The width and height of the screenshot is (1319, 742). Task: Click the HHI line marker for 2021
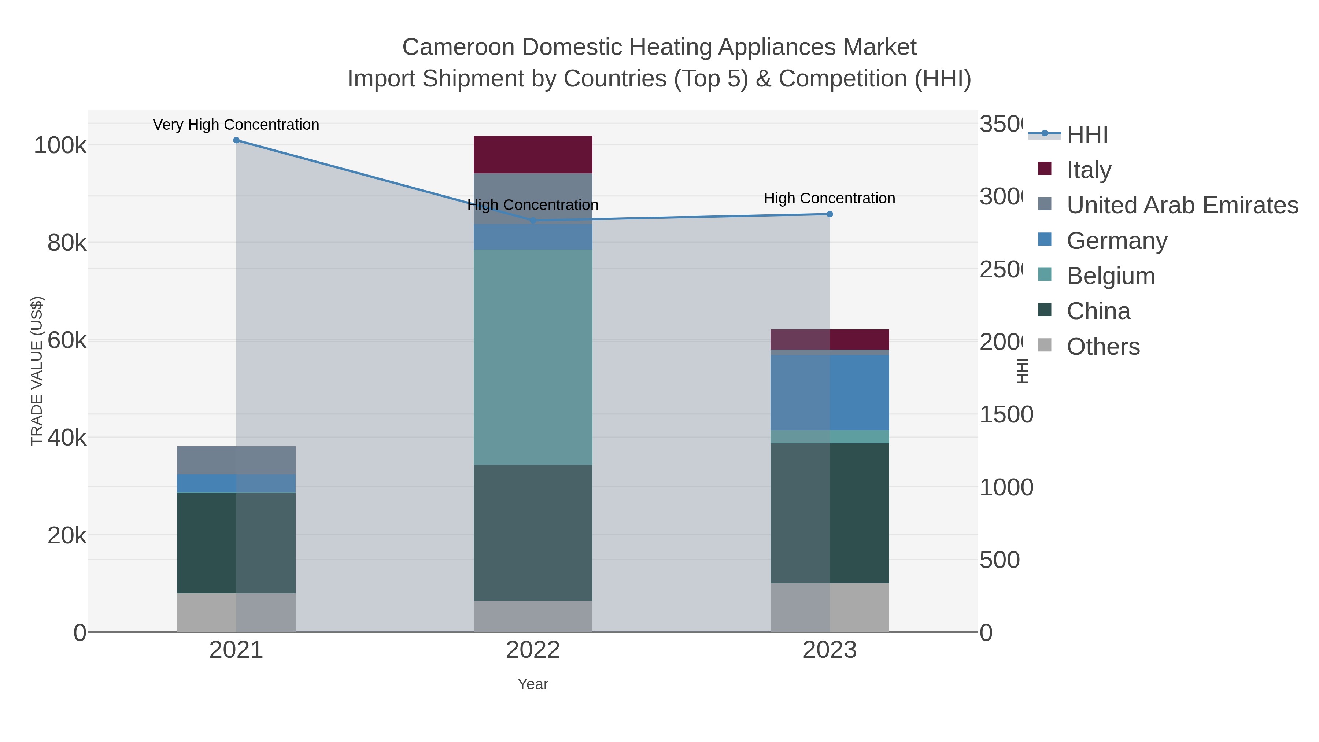pyautogui.click(x=236, y=140)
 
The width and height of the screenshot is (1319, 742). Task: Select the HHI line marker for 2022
pyautogui.click(x=533, y=220)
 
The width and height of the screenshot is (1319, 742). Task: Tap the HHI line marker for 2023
pyautogui.click(x=830, y=214)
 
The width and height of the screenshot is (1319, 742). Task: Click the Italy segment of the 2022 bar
pyautogui.click(x=533, y=155)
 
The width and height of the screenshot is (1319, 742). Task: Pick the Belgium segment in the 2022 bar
pyautogui.click(x=533, y=357)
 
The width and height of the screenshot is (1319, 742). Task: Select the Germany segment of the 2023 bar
pyautogui.click(x=830, y=392)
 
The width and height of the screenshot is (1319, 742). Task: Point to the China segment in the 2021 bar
pyautogui.click(x=236, y=543)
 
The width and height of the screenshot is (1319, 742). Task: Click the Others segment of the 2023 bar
pyautogui.click(x=830, y=607)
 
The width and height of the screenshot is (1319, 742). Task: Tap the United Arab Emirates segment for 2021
pyautogui.click(x=236, y=460)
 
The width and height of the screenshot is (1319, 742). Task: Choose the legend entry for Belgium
pyautogui.click(x=1111, y=276)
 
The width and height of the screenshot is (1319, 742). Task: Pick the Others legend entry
pyautogui.click(x=1103, y=347)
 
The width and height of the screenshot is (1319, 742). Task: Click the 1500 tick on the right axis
pyautogui.click(x=1006, y=415)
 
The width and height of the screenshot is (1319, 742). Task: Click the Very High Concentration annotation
pyautogui.click(x=236, y=125)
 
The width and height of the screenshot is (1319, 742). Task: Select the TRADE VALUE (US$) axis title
pyautogui.click(x=37, y=371)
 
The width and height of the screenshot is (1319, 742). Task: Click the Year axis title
pyautogui.click(x=533, y=684)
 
